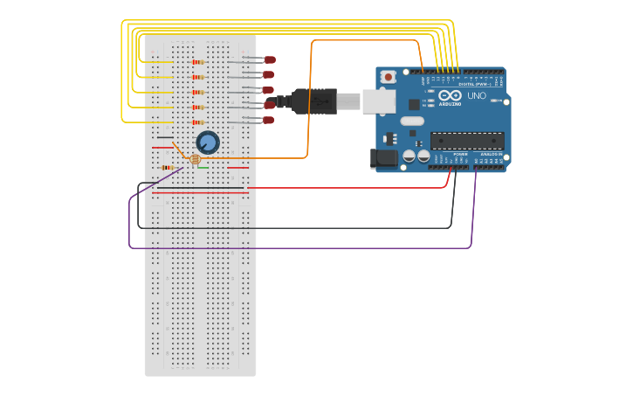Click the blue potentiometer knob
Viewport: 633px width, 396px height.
point(207,142)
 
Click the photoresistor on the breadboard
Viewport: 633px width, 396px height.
point(195,160)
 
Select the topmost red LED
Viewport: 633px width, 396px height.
point(270,59)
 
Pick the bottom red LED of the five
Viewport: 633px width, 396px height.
point(268,120)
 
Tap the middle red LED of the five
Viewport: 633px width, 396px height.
point(268,90)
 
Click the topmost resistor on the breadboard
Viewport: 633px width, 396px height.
point(198,62)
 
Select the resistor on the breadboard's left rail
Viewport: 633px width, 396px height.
point(166,167)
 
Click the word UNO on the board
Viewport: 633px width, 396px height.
point(477,96)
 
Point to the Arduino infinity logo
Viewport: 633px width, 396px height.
point(451,95)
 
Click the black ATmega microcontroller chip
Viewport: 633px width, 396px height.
point(466,141)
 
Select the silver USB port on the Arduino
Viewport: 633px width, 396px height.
point(378,101)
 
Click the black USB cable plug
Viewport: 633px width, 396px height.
point(314,101)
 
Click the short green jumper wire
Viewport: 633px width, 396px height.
point(203,167)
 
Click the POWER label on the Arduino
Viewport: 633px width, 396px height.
point(460,154)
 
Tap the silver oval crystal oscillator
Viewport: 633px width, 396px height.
point(412,121)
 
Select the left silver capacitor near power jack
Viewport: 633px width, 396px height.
point(409,156)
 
